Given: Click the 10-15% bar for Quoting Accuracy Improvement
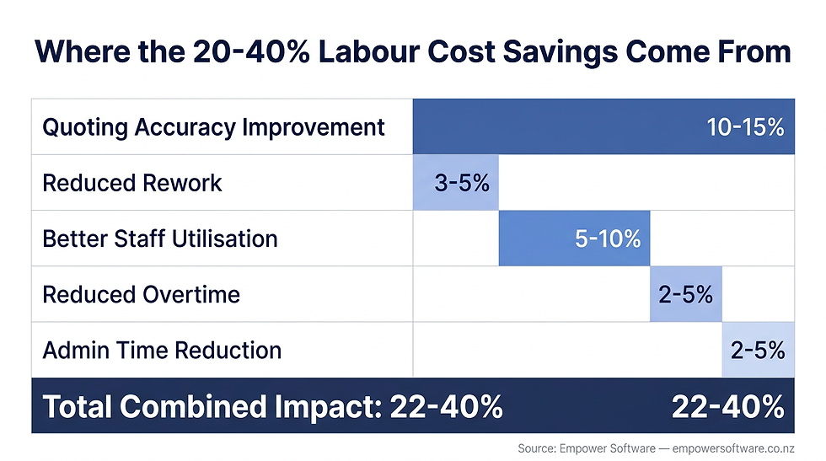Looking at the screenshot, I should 603,127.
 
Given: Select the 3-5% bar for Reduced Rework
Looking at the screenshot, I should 456,182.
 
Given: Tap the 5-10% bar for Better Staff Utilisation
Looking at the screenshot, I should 574,238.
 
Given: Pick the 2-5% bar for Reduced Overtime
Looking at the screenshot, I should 686,294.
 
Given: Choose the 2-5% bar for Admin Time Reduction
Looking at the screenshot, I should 758,350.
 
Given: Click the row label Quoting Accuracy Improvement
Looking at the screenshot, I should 213,127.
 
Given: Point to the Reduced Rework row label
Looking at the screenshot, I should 132,182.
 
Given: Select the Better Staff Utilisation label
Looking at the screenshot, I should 160,238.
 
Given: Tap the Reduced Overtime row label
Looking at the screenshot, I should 141,294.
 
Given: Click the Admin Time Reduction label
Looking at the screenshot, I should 162,350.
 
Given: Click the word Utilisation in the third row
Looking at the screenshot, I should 224,238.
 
